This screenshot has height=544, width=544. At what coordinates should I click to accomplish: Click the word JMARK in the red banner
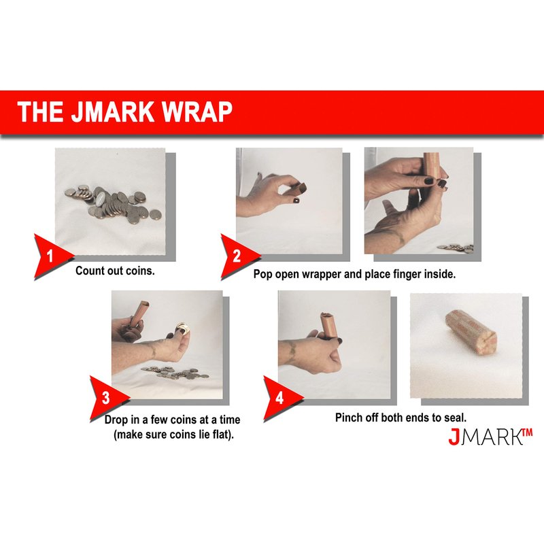tap(113, 112)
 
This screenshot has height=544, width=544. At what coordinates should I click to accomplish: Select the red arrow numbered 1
tap(51, 257)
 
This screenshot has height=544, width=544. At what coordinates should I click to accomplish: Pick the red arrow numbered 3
tap(107, 398)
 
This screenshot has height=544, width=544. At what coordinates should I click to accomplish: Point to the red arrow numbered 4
tap(280, 398)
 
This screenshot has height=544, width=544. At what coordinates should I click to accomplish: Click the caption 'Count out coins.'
tap(115, 271)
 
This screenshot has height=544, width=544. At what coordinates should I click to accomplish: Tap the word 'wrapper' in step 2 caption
tap(321, 274)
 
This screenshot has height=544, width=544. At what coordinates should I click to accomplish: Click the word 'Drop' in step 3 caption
tap(116, 420)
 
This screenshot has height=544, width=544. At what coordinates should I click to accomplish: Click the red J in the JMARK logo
tap(454, 437)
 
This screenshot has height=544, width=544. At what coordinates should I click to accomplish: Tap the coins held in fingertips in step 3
tap(182, 328)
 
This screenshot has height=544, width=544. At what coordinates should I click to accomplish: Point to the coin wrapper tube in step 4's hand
tap(328, 324)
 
